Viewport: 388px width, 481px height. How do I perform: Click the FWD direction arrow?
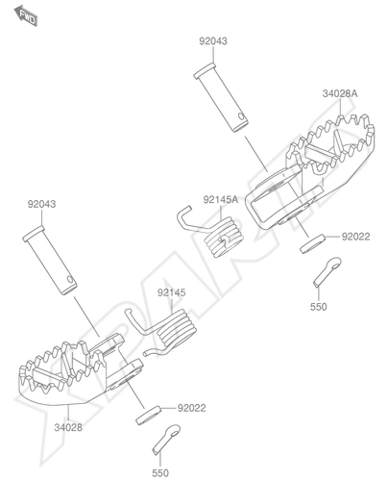[x=26, y=15]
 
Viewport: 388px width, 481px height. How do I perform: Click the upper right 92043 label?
[x=213, y=41]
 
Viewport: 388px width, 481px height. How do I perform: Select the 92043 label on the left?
[x=41, y=204]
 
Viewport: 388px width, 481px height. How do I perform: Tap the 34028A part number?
[x=340, y=93]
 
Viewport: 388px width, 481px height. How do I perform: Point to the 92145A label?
[x=221, y=199]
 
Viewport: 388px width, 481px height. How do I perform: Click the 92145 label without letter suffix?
[x=172, y=292]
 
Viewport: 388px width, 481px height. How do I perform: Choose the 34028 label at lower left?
[x=68, y=427]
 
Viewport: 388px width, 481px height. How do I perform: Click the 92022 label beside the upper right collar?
[x=355, y=237]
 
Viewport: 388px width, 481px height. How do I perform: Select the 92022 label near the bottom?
[x=192, y=408]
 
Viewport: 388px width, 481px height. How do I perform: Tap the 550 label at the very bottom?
[x=160, y=473]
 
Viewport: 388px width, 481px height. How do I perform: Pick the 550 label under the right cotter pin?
[x=319, y=307]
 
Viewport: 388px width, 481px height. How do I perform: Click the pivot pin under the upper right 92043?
[x=221, y=97]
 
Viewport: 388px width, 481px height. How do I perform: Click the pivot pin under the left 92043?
[x=50, y=260]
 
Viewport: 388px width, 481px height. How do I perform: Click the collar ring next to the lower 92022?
[x=148, y=416]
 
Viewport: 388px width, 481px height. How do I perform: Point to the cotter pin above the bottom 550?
[x=166, y=439]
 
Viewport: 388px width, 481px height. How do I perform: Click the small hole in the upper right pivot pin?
[x=241, y=115]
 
